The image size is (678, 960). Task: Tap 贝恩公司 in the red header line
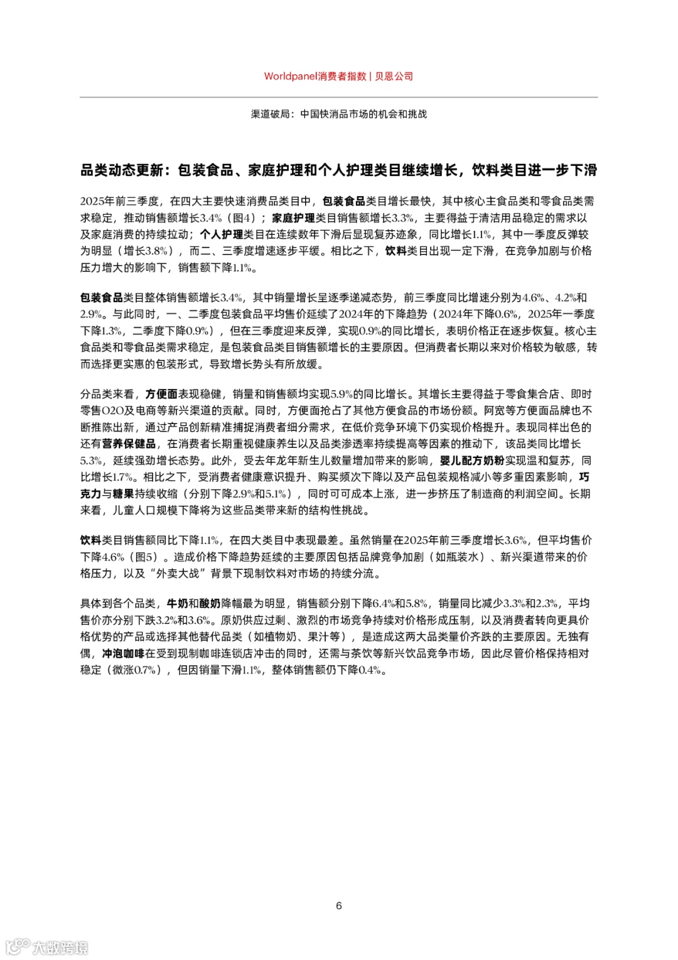click(394, 76)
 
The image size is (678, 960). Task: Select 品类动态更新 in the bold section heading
click(122, 170)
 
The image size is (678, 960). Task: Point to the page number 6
click(339, 905)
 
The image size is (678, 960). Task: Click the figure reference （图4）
click(241, 218)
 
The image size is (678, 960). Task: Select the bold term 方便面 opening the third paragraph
click(161, 394)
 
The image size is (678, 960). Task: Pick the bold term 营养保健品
click(129, 444)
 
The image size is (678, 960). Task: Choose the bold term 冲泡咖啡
click(123, 653)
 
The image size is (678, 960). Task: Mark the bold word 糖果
click(123, 494)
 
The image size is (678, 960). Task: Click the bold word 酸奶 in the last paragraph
click(210, 603)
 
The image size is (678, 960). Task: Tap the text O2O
click(112, 410)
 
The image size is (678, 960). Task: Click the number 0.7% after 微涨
click(144, 670)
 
